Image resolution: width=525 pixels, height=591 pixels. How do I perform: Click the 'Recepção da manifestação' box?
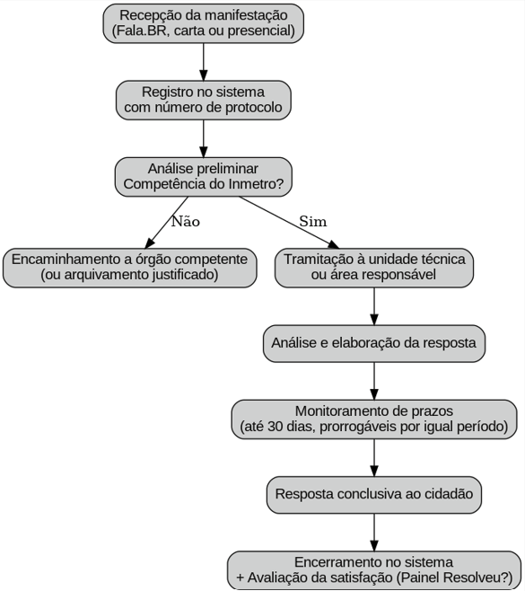pyautogui.click(x=203, y=22)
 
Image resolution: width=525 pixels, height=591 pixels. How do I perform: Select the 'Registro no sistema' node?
pyautogui.click(x=203, y=100)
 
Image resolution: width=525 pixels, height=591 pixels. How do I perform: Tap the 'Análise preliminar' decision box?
pyautogui.click(x=203, y=176)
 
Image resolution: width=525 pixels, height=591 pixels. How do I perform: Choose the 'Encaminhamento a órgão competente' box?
pyautogui.click(x=130, y=267)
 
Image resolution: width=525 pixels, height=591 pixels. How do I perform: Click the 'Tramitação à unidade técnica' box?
pyautogui.click(x=373, y=267)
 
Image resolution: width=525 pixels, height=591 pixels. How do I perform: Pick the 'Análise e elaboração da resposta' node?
pyautogui.click(x=373, y=343)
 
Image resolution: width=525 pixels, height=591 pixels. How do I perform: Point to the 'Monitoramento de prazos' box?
pyautogui.click(x=373, y=419)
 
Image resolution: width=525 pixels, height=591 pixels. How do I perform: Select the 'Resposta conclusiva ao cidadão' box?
pyautogui.click(x=373, y=494)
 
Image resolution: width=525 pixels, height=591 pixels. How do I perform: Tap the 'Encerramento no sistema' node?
pyautogui.click(x=373, y=569)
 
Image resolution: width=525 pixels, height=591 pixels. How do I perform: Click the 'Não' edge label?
pyautogui.click(x=185, y=221)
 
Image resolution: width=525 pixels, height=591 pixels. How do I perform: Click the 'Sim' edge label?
pyautogui.click(x=313, y=221)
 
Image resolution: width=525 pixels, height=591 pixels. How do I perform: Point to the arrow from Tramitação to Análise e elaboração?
pyautogui.click(x=373, y=305)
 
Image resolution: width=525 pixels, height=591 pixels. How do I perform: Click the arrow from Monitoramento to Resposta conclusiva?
pyautogui.click(x=373, y=457)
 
